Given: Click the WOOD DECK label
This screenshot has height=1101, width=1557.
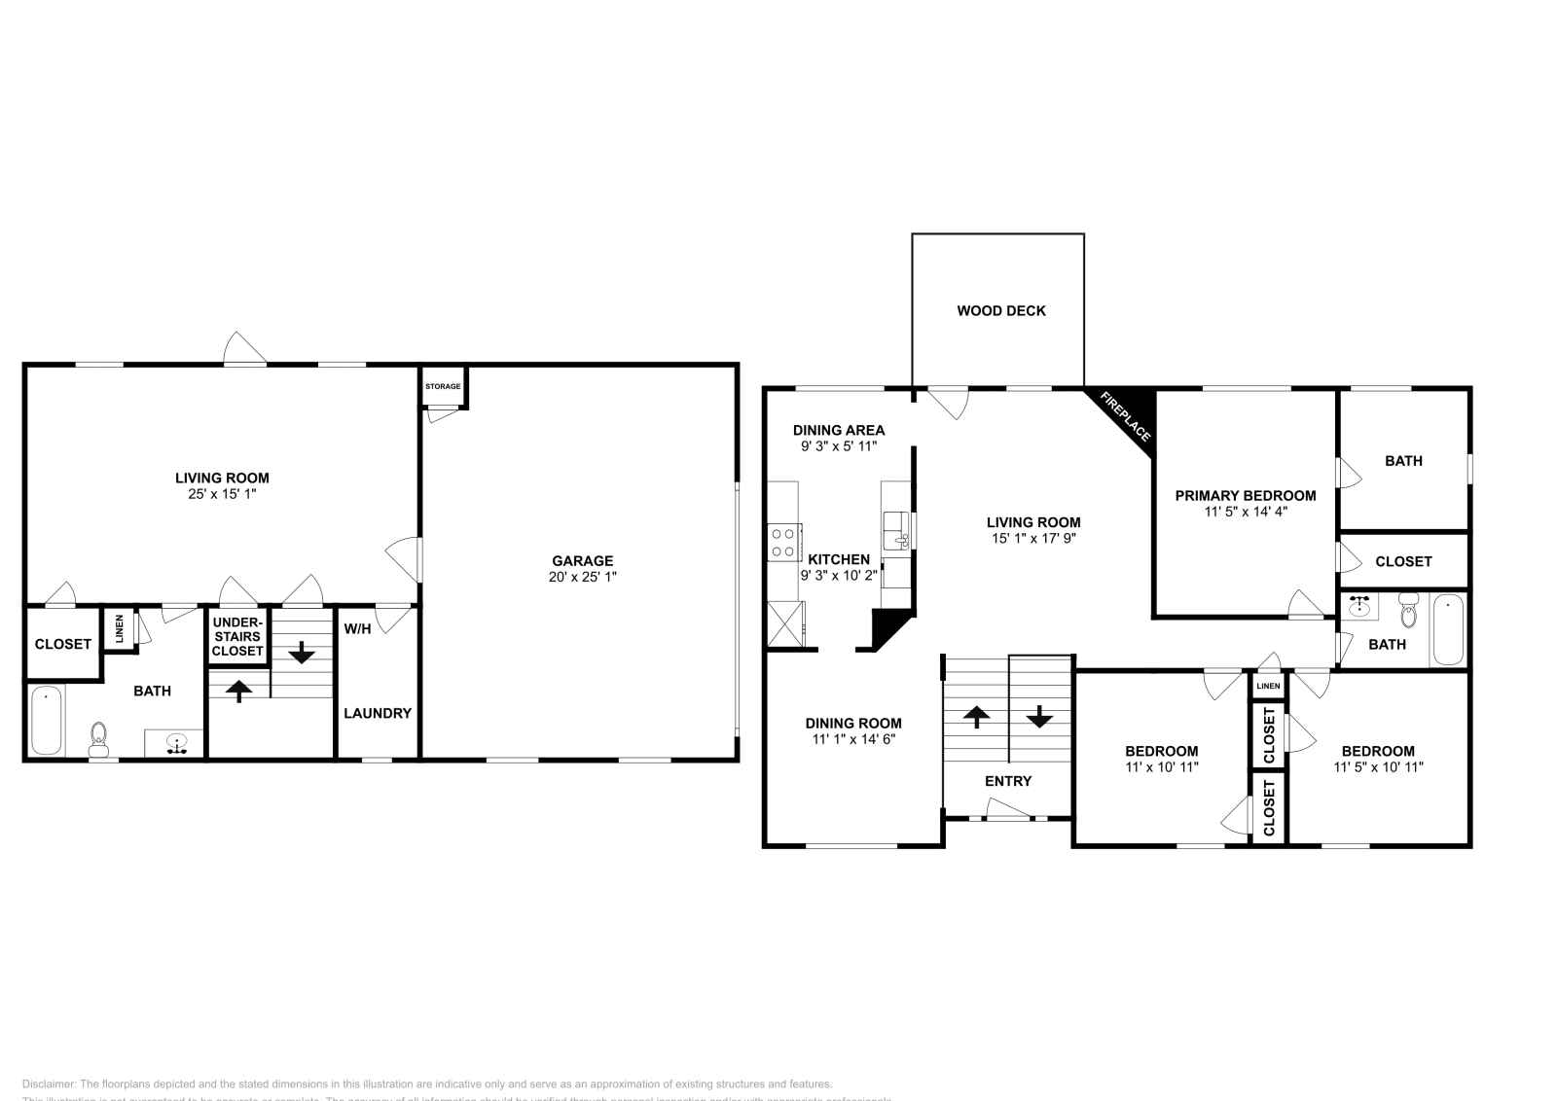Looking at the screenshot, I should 1000,311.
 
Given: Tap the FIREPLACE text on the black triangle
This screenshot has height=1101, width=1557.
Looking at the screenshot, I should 1125,416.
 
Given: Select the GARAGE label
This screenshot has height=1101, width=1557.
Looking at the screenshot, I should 582,560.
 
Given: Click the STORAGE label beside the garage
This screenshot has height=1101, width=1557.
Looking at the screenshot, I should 443,387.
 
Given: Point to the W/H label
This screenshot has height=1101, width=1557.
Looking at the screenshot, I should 357,629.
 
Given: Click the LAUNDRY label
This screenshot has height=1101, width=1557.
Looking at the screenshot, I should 378,713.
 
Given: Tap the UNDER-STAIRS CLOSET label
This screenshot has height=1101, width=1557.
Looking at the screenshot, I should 237,636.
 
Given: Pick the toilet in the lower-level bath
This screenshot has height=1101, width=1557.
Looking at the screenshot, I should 98,739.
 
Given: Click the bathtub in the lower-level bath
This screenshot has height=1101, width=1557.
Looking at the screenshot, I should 45,721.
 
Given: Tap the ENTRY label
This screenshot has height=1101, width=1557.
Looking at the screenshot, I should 1008,781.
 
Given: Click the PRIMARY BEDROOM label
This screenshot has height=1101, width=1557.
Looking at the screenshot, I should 1245,496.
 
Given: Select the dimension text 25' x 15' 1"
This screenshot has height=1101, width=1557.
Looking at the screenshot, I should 222,494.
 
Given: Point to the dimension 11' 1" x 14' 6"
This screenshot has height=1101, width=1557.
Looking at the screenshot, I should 852,739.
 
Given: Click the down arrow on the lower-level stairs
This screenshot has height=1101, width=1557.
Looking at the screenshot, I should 302,651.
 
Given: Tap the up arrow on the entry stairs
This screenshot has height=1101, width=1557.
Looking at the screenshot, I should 976,717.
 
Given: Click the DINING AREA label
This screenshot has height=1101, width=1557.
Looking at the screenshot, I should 838,430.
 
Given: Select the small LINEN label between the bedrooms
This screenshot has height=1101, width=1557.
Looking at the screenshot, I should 1268,687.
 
